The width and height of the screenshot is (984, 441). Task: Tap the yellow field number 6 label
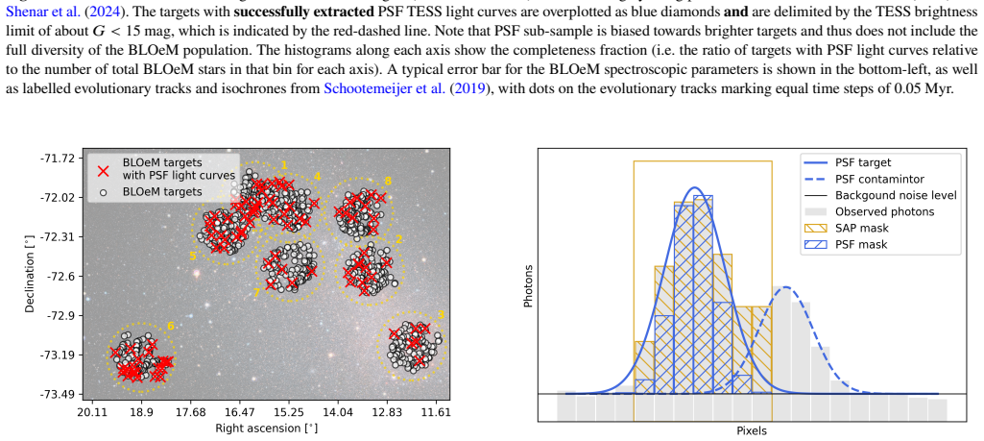click(x=171, y=326)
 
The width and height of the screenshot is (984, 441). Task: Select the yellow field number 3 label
click(x=442, y=314)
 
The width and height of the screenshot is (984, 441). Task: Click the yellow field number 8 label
click(x=388, y=181)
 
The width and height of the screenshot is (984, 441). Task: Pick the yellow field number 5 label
click(x=193, y=256)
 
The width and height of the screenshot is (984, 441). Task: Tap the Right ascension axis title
click(x=266, y=429)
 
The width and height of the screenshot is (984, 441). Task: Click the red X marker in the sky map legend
click(x=105, y=170)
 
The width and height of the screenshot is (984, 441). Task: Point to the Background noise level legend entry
click(x=879, y=195)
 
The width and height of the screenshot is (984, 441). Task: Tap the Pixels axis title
click(x=752, y=431)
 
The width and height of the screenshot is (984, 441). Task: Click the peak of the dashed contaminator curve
click(x=785, y=287)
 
